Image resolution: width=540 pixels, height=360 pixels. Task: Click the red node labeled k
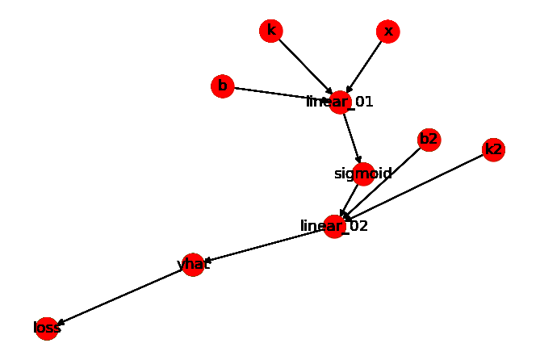(x=271, y=31)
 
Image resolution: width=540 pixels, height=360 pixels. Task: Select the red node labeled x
(x=388, y=31)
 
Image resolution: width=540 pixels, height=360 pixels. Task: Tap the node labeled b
(x=223, y=86)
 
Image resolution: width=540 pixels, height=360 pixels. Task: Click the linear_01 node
(x=341, y=103)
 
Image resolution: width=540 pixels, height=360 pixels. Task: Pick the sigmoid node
(x=363, y=174)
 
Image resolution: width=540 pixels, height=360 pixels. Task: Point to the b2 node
(x=429, y=140)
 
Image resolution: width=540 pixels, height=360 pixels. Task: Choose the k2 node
(x=493, y=149)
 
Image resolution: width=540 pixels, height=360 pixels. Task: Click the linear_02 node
(x=335, y=226)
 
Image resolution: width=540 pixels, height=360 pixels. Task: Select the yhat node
(x=193, y=265)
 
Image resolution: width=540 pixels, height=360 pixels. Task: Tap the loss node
(x=47, y=328)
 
